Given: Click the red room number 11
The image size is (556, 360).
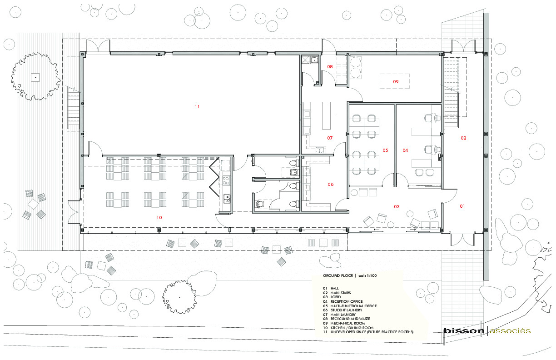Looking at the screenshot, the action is click(x=197, y=106).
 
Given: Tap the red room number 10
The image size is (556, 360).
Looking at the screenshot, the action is click(x=159, y=218).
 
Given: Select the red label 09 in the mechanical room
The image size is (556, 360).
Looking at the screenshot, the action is click(x=396, y=82).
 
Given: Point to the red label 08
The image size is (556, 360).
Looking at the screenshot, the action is click(x=330, y=66).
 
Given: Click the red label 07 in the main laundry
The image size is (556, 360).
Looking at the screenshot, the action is click(x=330, y=138).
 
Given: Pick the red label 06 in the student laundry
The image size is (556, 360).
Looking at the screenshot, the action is click(x=330, y=185).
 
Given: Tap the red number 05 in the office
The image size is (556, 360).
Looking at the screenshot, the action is click(x=385, y=150).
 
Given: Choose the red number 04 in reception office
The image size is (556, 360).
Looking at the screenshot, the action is click(x=405, y=150).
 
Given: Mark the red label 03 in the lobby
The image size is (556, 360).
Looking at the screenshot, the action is click(x=397, y=207).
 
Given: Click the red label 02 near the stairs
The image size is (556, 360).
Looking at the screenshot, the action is click(x=463, y=138).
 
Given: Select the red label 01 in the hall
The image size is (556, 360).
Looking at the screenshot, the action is click(x=462, y=206).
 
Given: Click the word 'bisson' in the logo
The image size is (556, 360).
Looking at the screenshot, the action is click(x=464, y=331).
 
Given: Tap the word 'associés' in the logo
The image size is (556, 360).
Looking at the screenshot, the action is click(x=510, y=331).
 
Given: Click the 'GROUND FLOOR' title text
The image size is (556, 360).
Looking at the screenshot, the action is click(x=338, y=275).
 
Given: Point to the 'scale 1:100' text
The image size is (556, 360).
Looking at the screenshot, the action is click(x=367, y=275).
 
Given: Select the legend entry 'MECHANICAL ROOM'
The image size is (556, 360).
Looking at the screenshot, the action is click(x=347, y=323).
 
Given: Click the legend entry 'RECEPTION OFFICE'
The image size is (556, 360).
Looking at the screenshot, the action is click(x=347, y=301).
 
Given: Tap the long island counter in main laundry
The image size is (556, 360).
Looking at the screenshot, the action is click(x=327, y=115).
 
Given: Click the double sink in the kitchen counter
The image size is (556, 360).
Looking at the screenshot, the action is click(x=227, y=198).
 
